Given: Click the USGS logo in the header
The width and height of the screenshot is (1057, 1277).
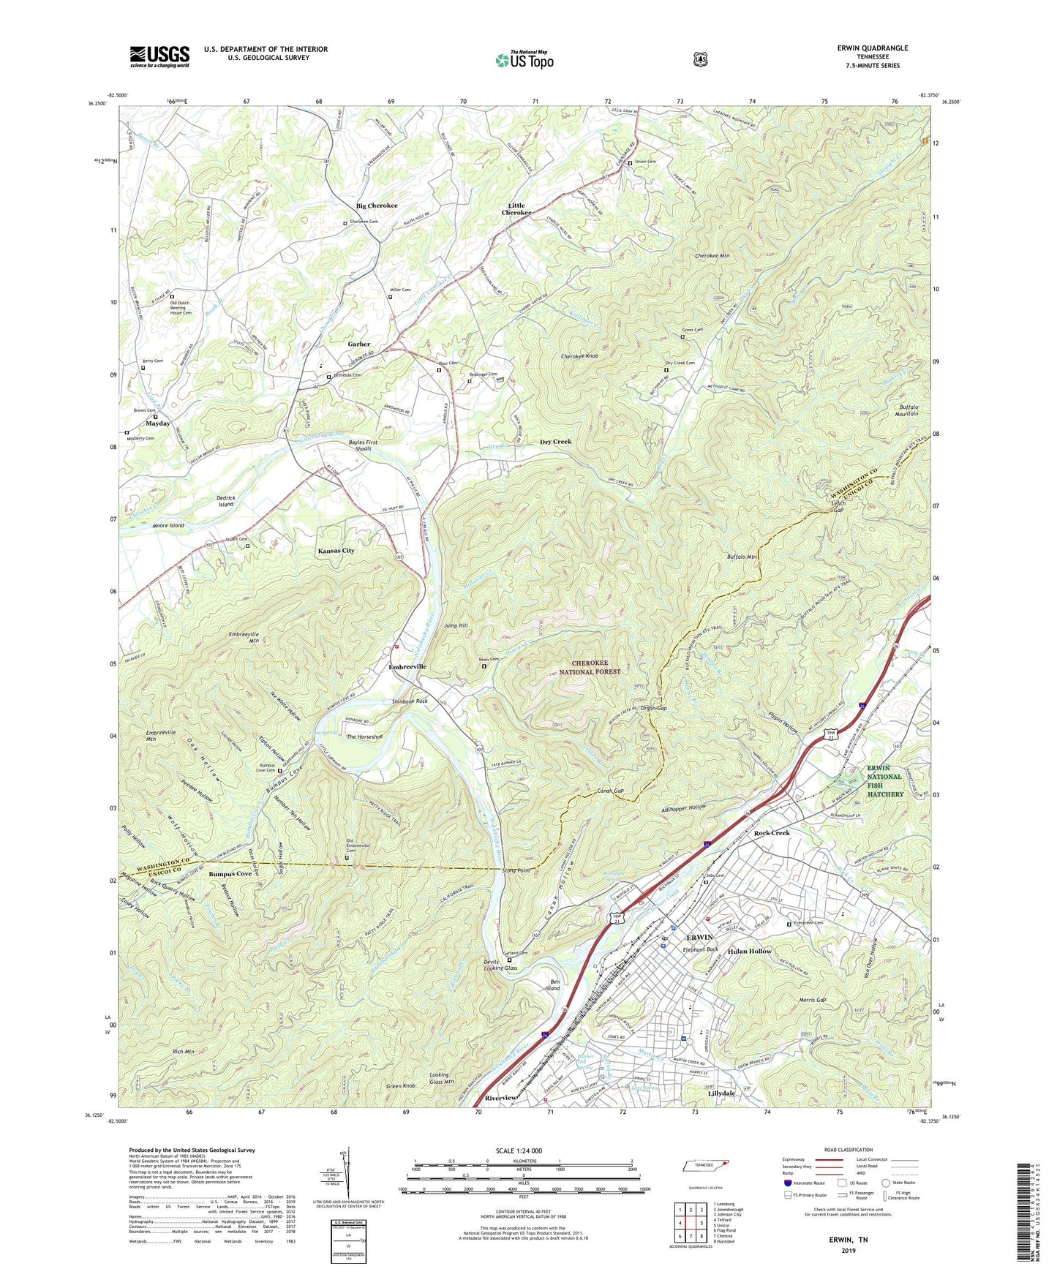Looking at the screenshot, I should (159, 56).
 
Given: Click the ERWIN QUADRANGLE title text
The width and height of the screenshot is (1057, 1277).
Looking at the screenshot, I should (873, 48).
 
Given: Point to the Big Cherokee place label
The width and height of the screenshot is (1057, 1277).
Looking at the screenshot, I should (377, 206).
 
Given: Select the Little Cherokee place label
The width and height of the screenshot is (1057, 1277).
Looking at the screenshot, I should (516, 209).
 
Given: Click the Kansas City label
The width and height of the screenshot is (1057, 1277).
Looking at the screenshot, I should (336, 550).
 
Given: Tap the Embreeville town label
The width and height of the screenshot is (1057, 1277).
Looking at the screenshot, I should (407, 667).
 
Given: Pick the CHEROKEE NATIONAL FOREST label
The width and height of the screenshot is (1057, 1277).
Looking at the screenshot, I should (595, 667).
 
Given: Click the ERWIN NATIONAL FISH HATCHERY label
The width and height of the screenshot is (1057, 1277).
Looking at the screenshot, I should (885, 780).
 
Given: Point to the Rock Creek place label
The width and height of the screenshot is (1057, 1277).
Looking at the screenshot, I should (772, 833).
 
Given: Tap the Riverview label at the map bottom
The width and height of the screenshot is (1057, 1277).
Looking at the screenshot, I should (501, 1099).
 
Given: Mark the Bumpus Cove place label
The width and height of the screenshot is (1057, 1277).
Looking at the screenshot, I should (230, 874).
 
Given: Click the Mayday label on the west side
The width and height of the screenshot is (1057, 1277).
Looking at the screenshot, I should (157, 423).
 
